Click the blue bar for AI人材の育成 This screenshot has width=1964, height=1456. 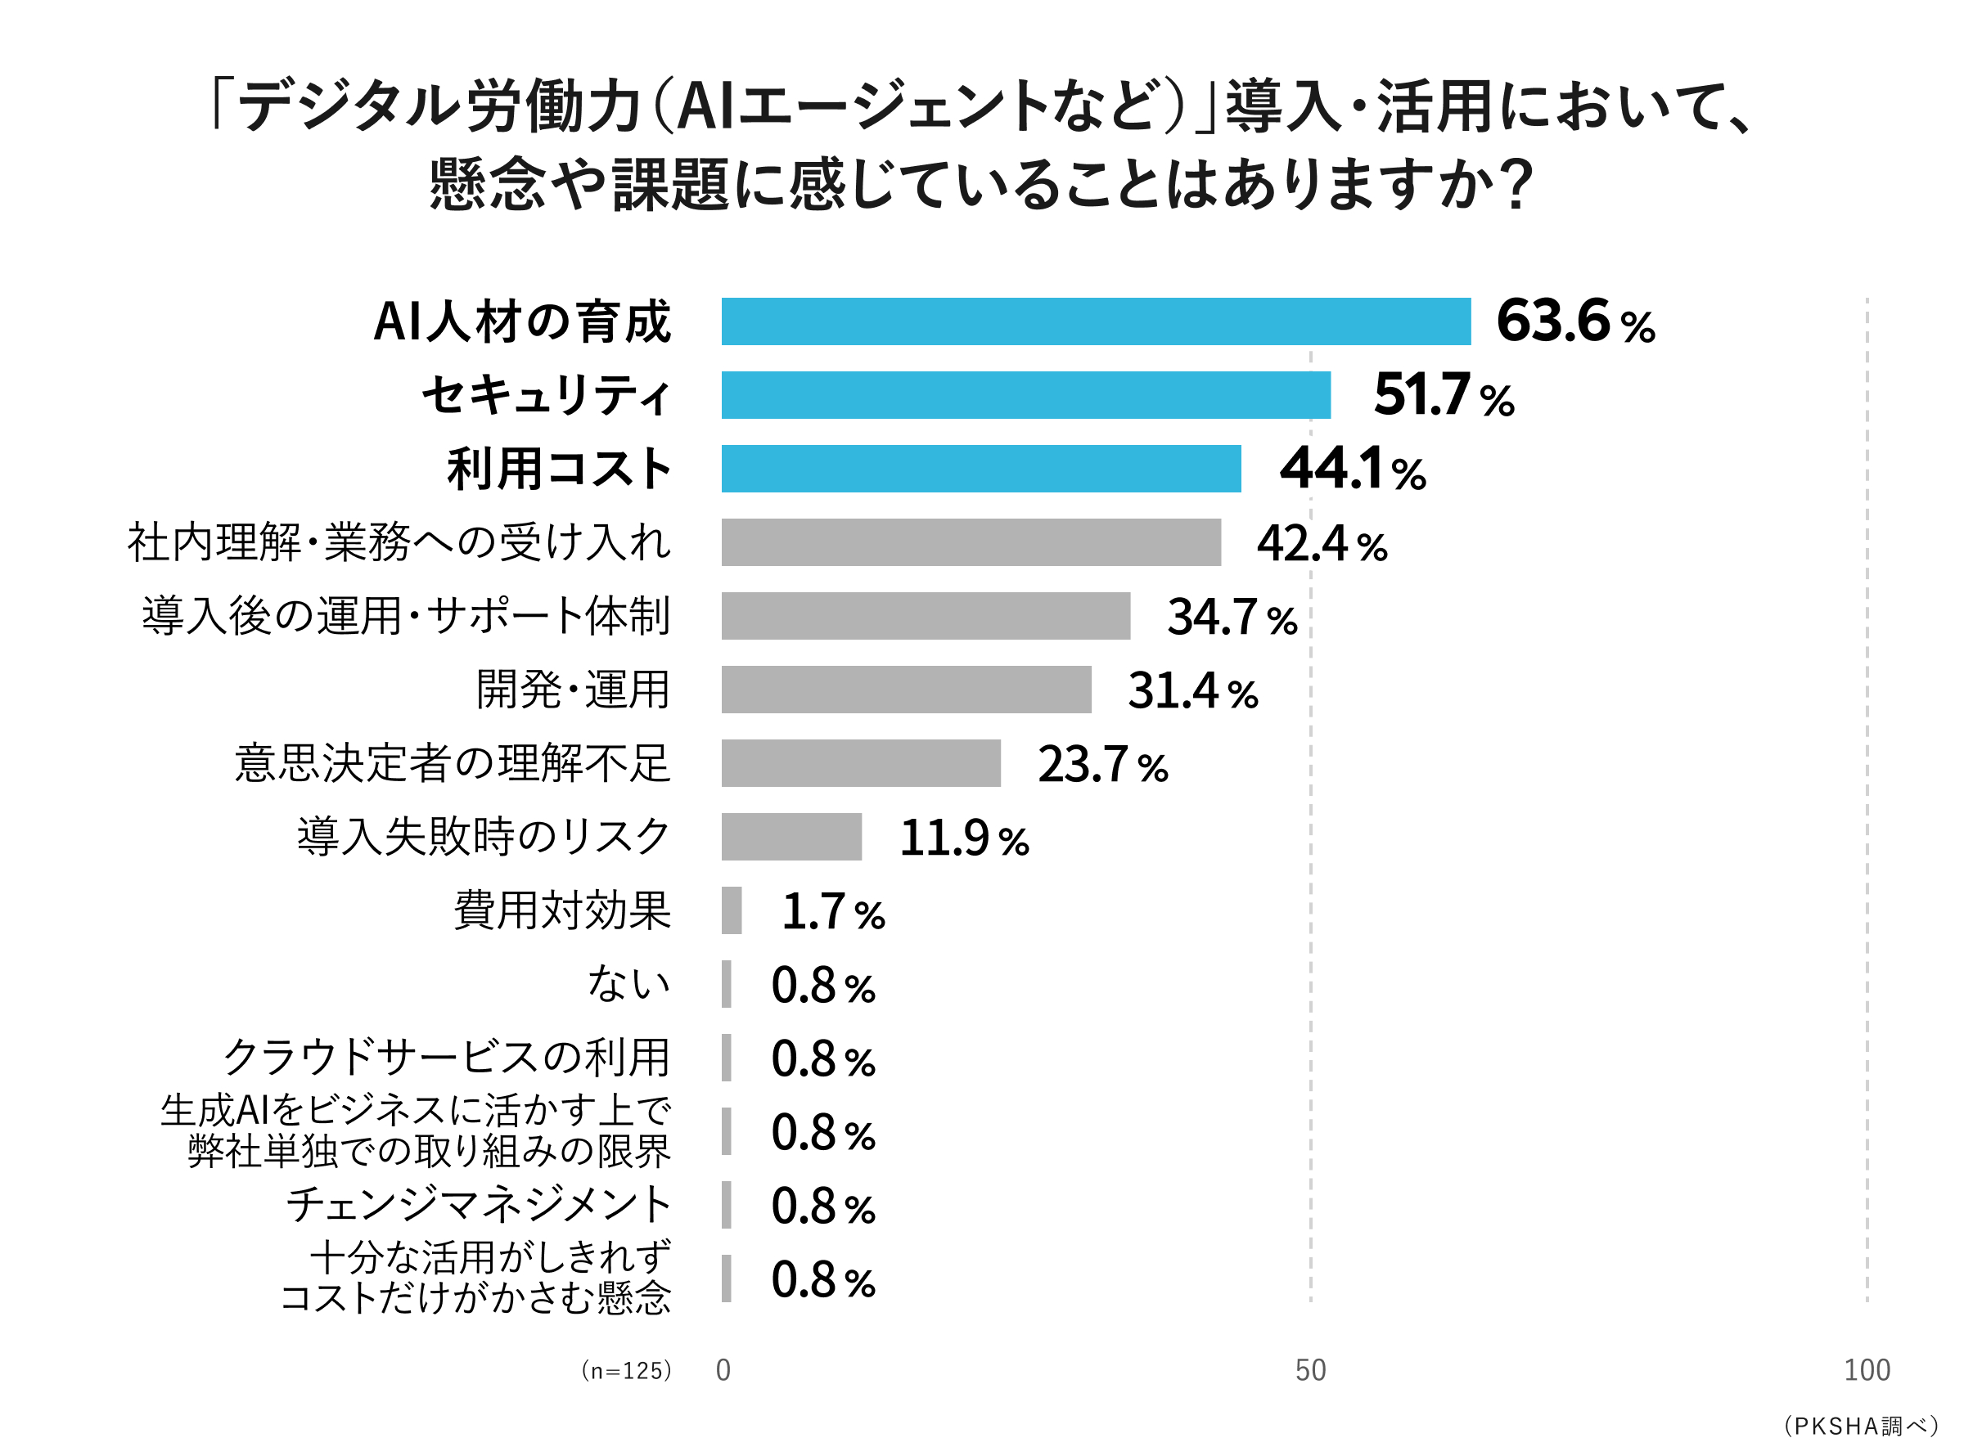pyautogui.click(x=1096, y=321)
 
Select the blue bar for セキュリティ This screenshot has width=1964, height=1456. pyautogui.click(x=1025, y=395)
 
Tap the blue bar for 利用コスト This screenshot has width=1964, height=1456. pyautogui.click(x=980, y=469)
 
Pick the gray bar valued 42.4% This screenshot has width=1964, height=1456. pyautogui.click(x=971, y=542)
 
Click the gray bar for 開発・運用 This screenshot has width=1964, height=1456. pyautogui.click(x=905, y=690)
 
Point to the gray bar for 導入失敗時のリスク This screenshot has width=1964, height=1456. pyautogui.click(x=791, y=837)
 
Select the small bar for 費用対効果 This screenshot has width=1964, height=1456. pyautogui.click(x=731, y=910)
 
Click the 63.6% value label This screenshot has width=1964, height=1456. pyautogui.click(x=1574, y=321)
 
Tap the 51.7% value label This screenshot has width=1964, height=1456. pyautogui.click(x=1443, y=395)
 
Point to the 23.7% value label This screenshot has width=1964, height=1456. pyautogui.click(x=1101, y=764)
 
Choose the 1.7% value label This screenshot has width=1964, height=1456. pyautogui.click(x=833, y=911)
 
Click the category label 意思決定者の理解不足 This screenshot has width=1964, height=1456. pyautogui.click(x=453, y=763)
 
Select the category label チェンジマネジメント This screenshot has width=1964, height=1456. pyautogui.click(x=479, y=1205)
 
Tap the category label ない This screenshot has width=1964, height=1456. pyautogui.click(x=628, y=983)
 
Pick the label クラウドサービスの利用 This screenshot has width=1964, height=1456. pyautogui.click(x=446, y=1058)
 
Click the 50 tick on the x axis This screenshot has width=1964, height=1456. pyautogui.click(x=1310, y=1370)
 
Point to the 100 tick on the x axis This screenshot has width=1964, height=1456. pyautogui.click(x=1866, y=1370)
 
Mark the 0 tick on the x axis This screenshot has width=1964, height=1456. pyautogui.click(x=723, y=1370)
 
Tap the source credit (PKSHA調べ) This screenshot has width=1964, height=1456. pyautogui.click(x=1860, y=1426)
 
